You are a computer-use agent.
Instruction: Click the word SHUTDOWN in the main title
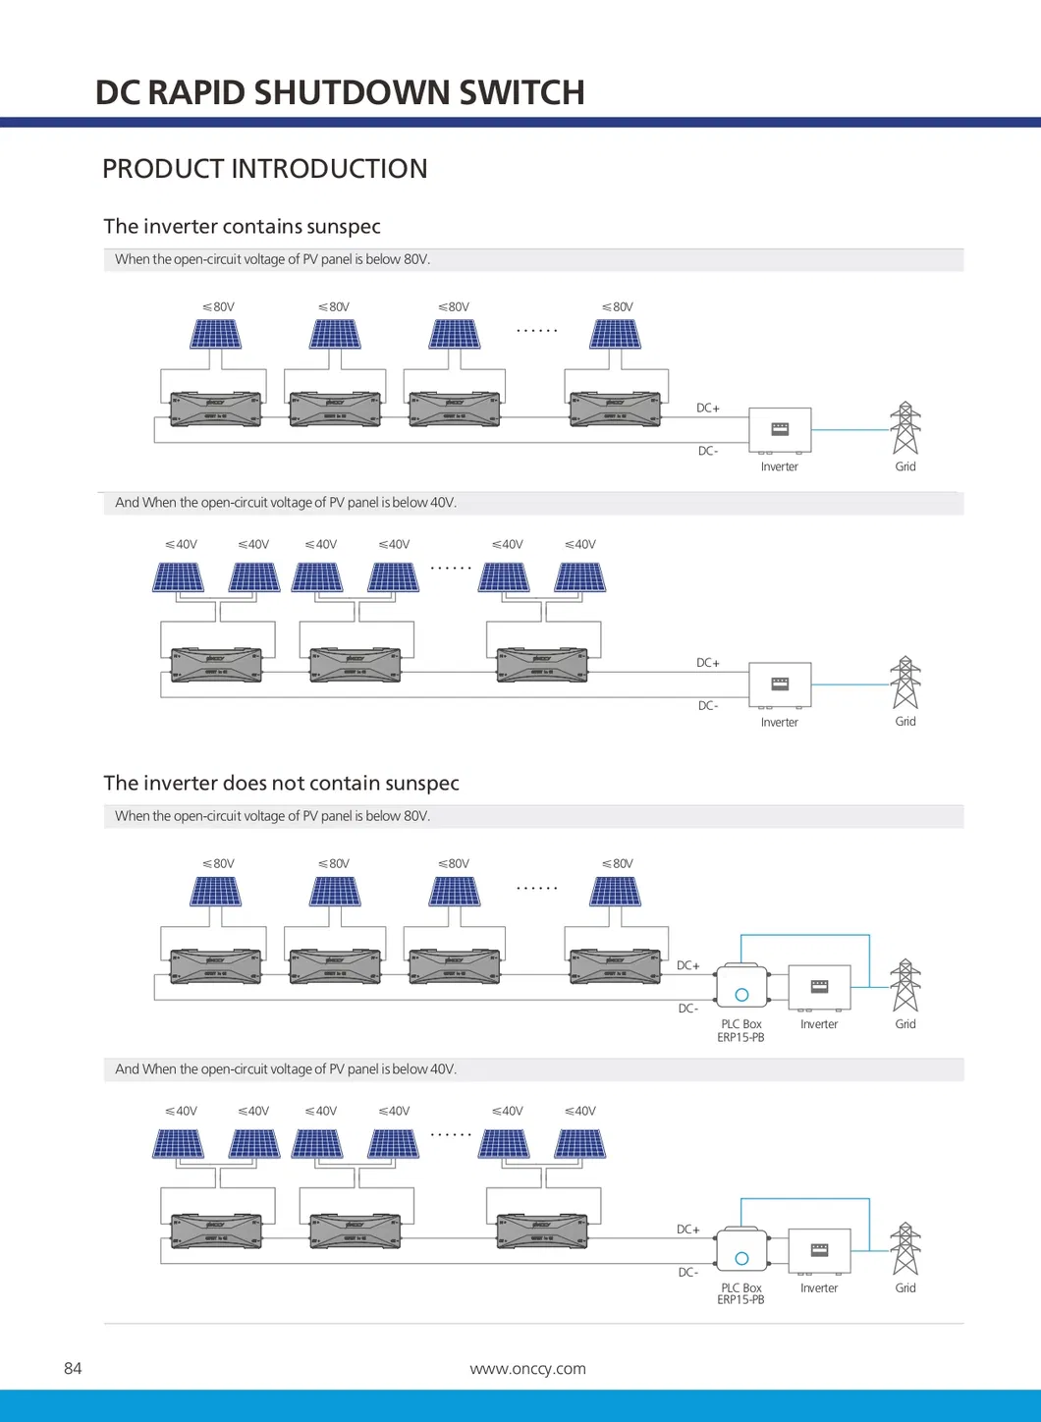(x=352, y=92)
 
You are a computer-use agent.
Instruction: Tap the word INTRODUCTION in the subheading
(x=329, y=169)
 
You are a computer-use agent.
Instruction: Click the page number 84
(x=73, y=1368)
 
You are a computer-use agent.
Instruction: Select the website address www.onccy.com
(x=527, y=1368)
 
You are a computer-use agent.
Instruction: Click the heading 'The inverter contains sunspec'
(x=242, y=227)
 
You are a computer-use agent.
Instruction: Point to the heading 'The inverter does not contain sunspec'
(x=281, y=784)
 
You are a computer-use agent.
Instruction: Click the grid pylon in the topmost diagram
(x=905, y=428)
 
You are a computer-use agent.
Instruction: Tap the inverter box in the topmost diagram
(x=780, y=429)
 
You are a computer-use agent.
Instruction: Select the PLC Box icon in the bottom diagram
(x=742, y=1250)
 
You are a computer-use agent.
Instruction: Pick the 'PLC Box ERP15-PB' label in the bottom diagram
(x=740, y=1293)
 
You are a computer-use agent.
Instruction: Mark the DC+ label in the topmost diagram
(x=708, y=408)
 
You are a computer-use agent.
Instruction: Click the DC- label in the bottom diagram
(x=688, y=1272)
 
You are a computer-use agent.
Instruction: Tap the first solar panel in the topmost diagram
(x=215, y=335)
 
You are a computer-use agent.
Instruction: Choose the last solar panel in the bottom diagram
(x=579, y=1144)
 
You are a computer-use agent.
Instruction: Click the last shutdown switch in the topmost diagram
(x=616, y=409)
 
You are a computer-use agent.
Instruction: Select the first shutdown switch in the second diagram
(x=216, y=665)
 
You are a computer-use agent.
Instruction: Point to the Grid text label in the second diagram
(x=905, y=721)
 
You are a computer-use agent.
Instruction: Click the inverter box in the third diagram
(x=819, y=986)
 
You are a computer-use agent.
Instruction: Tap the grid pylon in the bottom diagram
(x=905, y=1248)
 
